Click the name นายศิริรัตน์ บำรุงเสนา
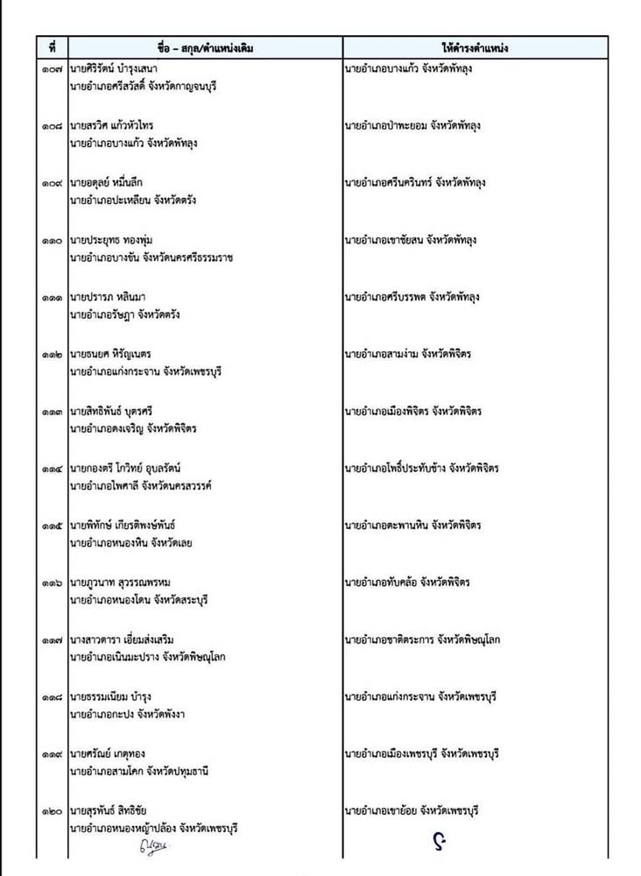click(118, 68)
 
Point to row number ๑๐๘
click(53, 126)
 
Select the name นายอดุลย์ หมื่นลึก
click(115, 183)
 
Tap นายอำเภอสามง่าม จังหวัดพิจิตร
click(408, 354)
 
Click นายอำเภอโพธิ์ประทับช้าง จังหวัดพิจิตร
click(422, 468)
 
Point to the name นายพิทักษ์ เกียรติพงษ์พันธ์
click(130, 526)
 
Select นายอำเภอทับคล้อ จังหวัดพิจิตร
click(408, 583)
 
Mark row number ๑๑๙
click(53, 754)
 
